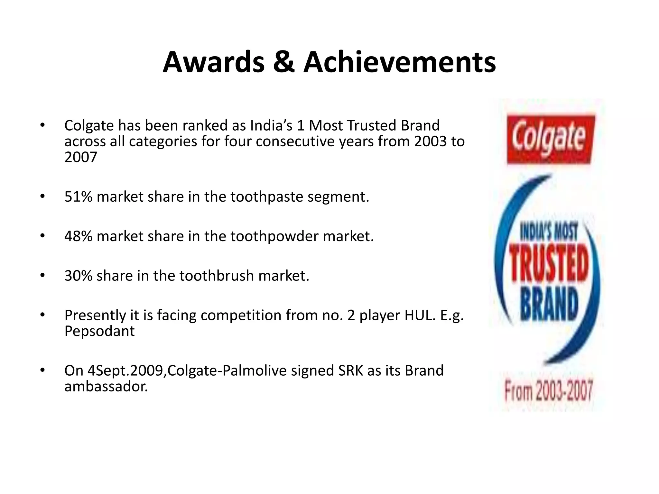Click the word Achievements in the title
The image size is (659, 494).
(400, 62)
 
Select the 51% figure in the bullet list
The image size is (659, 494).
(78, 197)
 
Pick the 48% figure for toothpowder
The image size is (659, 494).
(78, 236)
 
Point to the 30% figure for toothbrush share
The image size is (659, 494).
(78, 276)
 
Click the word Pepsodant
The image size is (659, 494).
(99, 331)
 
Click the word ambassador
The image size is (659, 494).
(106, 386)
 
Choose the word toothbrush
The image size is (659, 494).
(217, 276)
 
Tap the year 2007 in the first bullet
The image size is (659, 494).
(81, 158)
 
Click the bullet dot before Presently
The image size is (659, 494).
(42, 315)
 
